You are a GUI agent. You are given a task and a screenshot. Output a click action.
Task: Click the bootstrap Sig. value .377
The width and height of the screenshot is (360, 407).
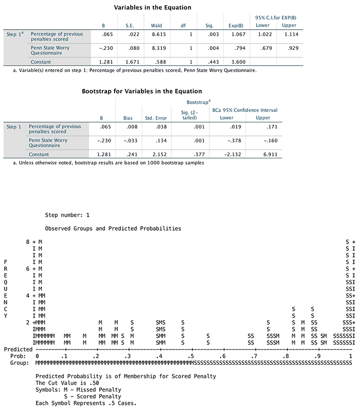pyautogui.click(x=190, y=154)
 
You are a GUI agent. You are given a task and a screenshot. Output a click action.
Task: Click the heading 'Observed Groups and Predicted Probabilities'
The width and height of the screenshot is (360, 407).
pyautogui.click(x=113, y=228)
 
